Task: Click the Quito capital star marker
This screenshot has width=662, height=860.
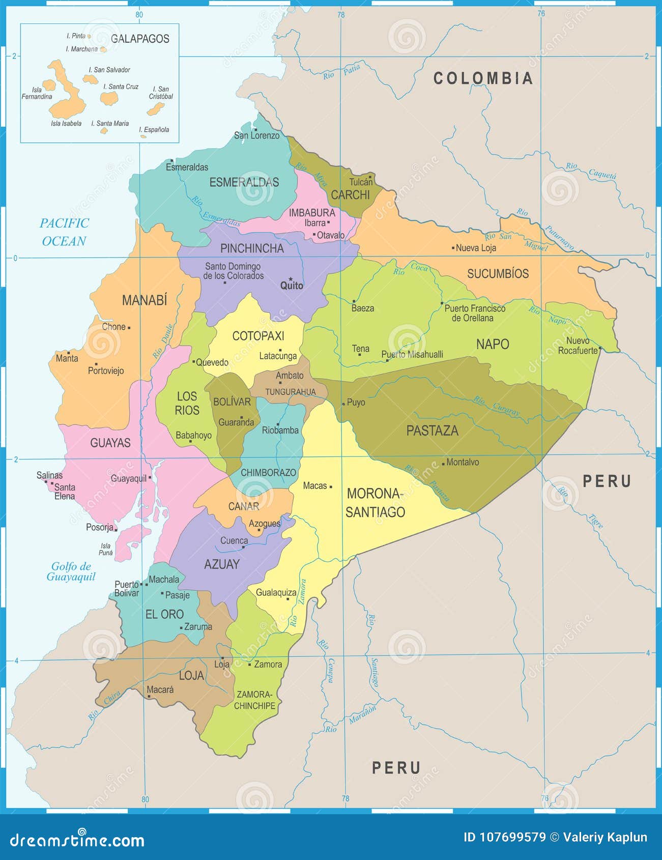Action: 291,279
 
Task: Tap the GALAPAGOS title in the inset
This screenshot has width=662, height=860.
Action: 140,39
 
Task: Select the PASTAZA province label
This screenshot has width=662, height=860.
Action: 432,431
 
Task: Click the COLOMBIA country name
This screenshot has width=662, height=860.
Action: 483,78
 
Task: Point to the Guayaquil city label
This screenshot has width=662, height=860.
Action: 129,478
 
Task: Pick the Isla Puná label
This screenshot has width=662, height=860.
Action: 106,549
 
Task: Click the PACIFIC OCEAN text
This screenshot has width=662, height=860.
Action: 64,232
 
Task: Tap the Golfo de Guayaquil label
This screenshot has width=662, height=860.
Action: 71,571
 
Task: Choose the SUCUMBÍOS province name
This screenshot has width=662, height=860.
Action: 498,274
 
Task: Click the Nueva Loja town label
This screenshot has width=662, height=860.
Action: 476,248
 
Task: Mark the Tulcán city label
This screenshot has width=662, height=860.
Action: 361,182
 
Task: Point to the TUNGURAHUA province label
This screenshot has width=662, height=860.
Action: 290,392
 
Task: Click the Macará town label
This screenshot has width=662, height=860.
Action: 160,690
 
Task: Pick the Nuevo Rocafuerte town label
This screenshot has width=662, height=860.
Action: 578,346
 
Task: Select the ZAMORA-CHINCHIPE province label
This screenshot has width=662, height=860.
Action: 254,700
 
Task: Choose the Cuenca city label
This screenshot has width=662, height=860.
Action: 234,540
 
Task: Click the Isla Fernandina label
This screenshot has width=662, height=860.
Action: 37,93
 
